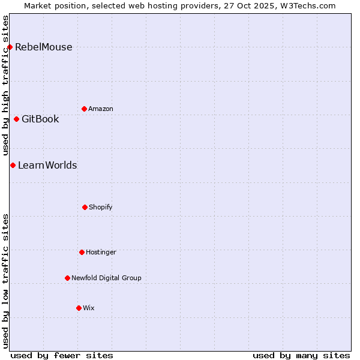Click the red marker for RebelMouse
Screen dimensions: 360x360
tap(10, 47)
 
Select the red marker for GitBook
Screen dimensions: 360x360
tap(16, 119)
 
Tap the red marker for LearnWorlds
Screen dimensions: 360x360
tap(13, 165)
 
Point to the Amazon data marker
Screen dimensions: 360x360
tap(84, 109)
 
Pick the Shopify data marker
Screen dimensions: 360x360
tap(85, 207)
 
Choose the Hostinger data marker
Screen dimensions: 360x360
tap(82, 252)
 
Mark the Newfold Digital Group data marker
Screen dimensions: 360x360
tap(67, 278)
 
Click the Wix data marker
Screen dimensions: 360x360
tap(79, 308)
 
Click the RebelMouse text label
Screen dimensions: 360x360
tap(43, 47)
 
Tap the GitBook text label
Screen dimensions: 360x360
tap(40, 119)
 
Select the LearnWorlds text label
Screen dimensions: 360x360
tap(47, 166)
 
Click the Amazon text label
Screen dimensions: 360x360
tap(101, 109)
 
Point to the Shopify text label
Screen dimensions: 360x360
tap(101, 208)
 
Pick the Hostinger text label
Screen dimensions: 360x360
tap(101, 253)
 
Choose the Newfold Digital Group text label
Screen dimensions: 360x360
tap(106, 278)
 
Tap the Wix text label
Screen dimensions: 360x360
tap(89, 308)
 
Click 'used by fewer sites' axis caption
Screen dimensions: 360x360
tap(62, 355)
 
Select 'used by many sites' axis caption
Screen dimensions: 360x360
tap(301, 355)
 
